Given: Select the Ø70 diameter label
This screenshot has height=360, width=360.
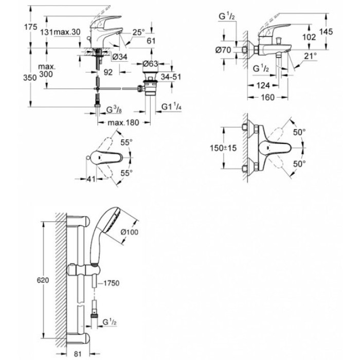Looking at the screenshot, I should pyautogui.click(x=223, y=50).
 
